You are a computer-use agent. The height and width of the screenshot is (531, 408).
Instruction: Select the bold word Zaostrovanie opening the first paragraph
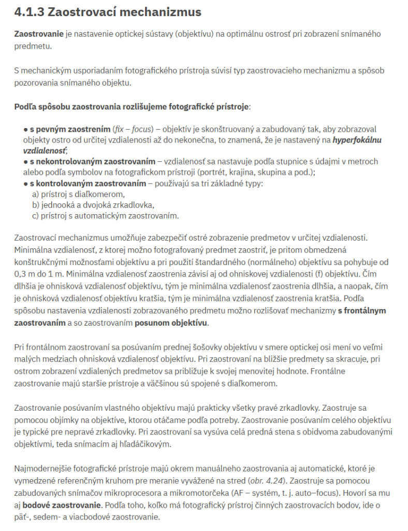coord(39,34)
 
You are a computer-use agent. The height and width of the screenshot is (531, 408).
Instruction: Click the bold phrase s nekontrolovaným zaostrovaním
coord(92,162)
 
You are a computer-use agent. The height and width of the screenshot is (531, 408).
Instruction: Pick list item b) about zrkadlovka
coord(93,205)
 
